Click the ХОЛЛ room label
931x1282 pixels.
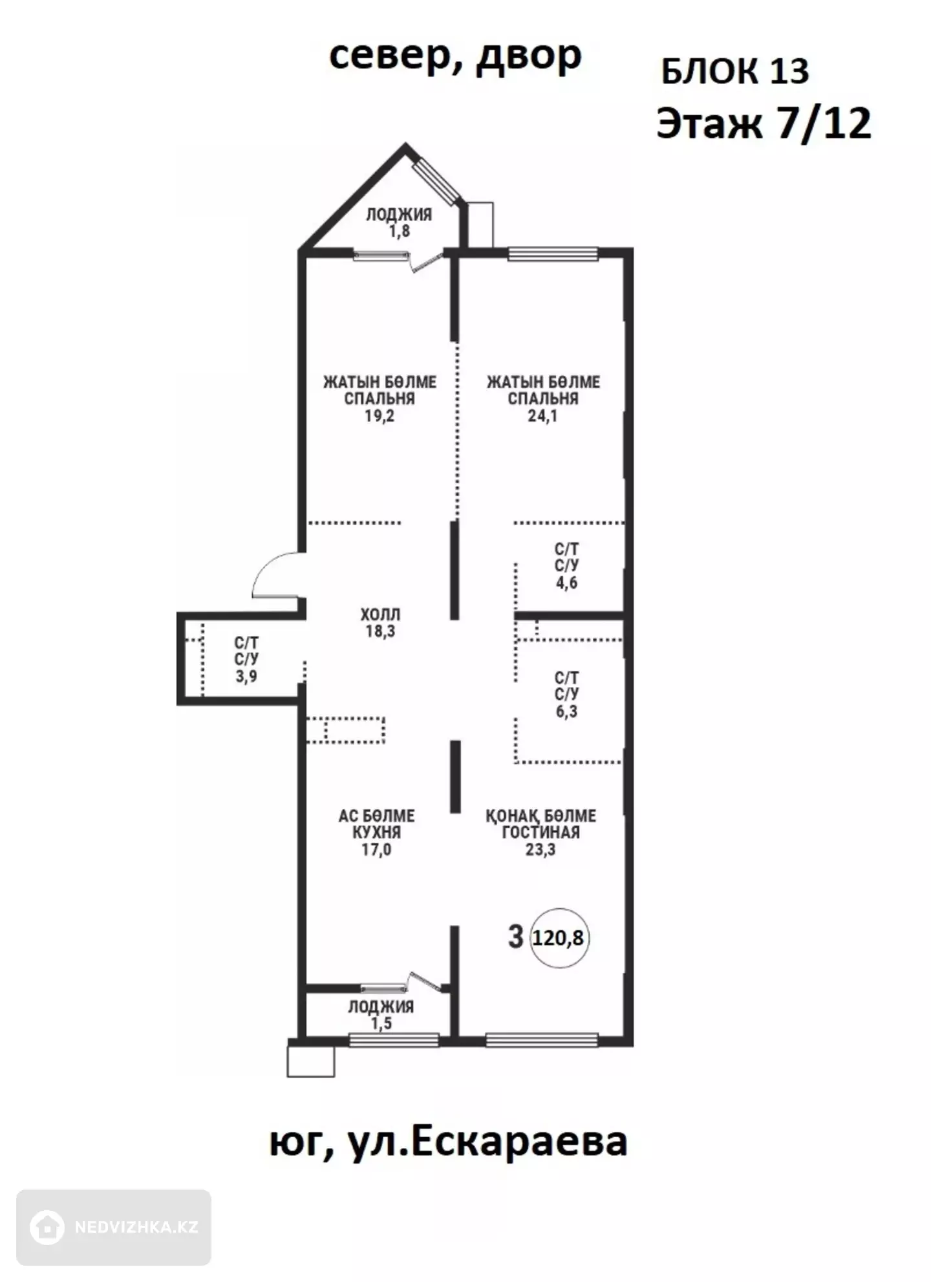(380, 614)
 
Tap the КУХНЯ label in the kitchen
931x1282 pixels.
(376, 832)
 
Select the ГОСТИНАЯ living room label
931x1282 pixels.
(540, 832)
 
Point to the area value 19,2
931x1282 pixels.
(380, 416)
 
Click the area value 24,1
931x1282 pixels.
(542, 416)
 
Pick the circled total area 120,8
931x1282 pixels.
(559, 938)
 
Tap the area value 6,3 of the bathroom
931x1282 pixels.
(566, 712)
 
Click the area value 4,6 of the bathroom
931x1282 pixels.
(566, 583)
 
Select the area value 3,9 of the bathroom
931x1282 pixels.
(246, 677)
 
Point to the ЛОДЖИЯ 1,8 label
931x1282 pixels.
(399, 223)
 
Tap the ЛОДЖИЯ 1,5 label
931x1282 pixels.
(381, 1015)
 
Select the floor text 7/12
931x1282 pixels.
(824, 123)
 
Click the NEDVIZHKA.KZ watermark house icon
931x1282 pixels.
(47, 1227)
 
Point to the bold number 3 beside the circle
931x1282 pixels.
(515, 937)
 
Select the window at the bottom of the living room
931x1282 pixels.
(542, 1039)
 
